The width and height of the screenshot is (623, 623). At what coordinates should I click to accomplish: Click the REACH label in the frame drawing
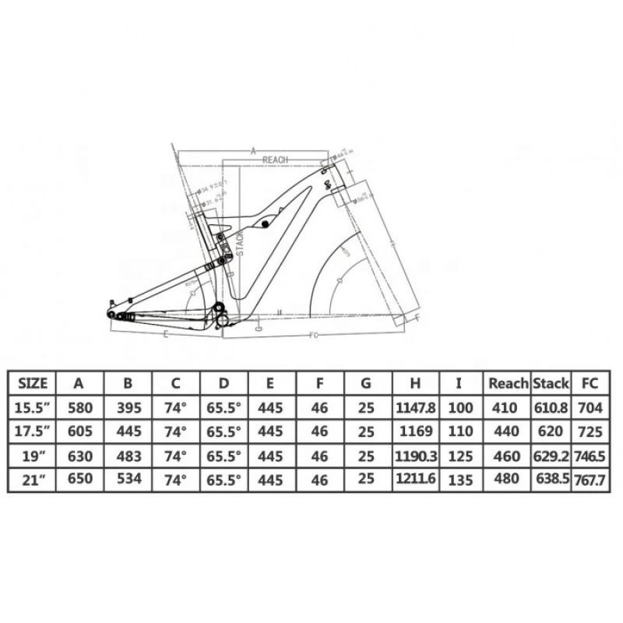tap(275, 159)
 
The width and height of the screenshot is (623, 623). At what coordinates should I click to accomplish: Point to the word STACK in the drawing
tap(241, 244)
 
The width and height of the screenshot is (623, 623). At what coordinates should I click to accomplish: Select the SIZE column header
tap(33, 383)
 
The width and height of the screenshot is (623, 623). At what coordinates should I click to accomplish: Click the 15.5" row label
tap(33, 406)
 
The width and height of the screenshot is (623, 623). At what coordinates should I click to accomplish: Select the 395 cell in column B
tap(126, 406)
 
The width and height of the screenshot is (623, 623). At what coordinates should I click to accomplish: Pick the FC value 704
tap(590, 406)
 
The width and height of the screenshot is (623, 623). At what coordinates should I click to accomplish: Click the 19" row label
tap(33, 454)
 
